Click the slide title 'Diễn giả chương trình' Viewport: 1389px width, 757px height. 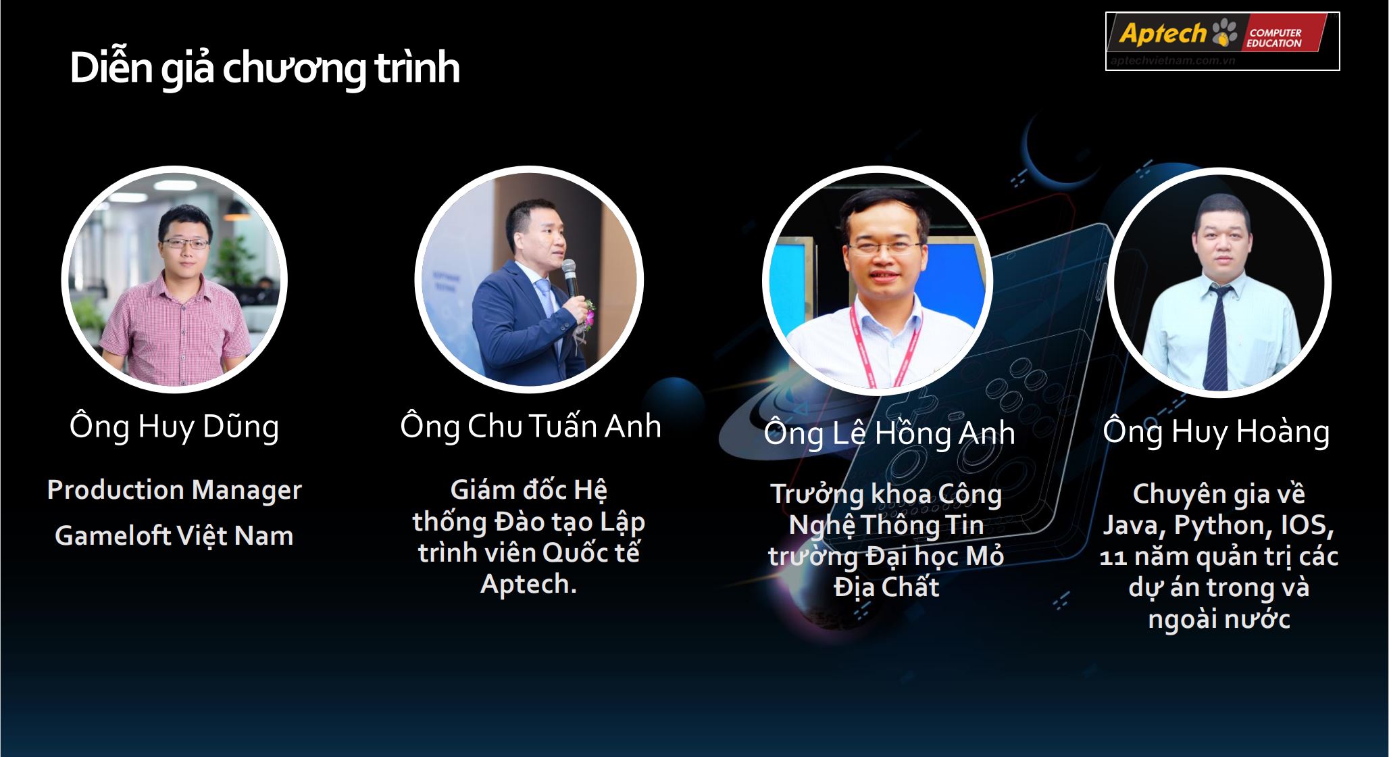pos(265,68)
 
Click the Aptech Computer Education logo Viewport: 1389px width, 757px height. pos(1222,41)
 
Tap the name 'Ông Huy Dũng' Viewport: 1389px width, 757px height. pos(174,427)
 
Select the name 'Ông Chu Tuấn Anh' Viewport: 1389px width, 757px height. pos(530,426)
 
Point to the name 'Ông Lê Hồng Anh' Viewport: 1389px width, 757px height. pos(889,433)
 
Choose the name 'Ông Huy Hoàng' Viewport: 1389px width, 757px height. pos(1216,432)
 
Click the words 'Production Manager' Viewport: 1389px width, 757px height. pos(174,490)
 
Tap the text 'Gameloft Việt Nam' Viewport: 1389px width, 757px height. pos(174,536)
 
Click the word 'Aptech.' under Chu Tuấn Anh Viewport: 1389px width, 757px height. pos(528,584)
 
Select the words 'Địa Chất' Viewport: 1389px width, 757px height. pos(886,587)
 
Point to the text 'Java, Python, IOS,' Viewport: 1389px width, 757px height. pos(1219,525)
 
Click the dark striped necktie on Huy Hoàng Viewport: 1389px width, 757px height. pos(1216,337)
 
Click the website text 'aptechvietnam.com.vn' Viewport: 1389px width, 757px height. pos(1173,60)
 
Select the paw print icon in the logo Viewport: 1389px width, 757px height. pos(1225,32)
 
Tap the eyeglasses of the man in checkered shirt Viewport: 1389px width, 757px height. pos(185,243)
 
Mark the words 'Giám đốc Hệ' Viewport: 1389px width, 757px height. pos(528,489)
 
